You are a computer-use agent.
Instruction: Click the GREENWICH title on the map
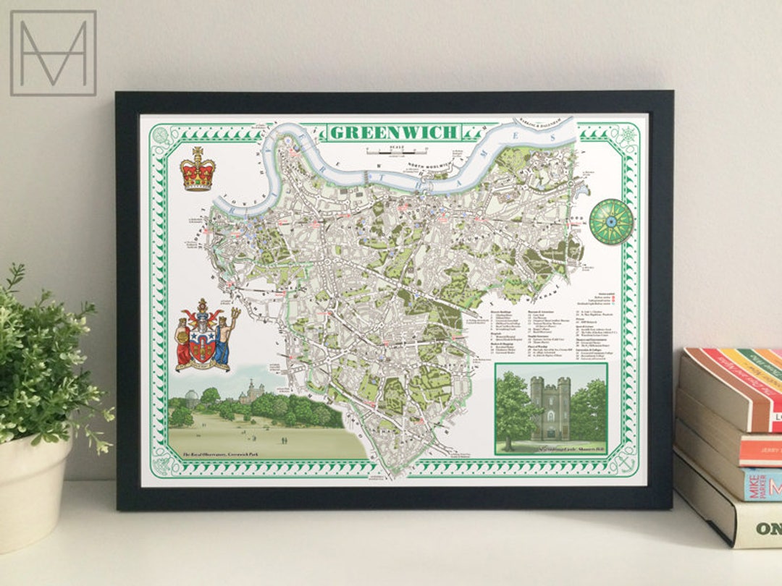point(395,132)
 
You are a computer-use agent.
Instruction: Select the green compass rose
point(610,221)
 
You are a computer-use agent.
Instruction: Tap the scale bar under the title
point(394,151)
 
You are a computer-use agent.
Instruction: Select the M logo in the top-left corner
point(53,53)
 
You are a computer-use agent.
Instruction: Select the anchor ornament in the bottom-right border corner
point(624,460)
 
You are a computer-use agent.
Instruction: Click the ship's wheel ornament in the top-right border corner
point(625,134)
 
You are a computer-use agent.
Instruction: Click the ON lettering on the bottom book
point(768,529)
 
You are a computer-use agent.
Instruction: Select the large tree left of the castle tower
point(516,408)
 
